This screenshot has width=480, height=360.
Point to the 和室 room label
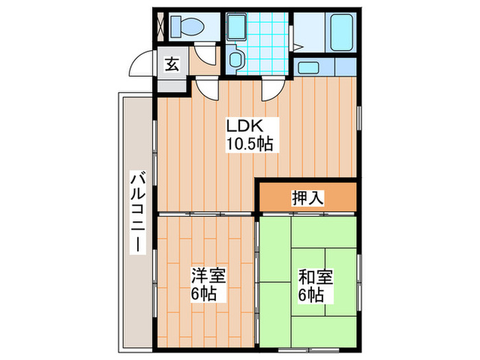pos(315,278)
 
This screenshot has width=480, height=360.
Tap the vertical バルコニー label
pos(137,213)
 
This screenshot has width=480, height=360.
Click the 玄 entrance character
pos(171,65)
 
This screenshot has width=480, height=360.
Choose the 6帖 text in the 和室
pos(315,296)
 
